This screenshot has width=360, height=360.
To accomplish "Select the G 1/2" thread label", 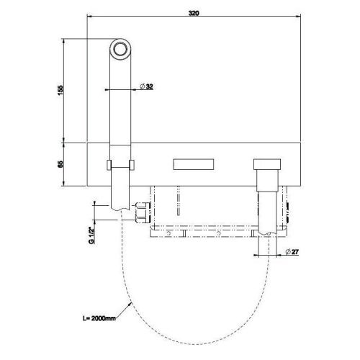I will pyautogui.click(x=92, y=234).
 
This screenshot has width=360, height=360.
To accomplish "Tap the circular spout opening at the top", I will pyautogui.click(x=121, y=50).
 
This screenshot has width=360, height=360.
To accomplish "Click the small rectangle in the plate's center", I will pyautogui.click(x=193, y=165).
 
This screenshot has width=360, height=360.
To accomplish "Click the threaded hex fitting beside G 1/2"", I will pyautogui.click(x=141, y=213).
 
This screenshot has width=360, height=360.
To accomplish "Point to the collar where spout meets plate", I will pyautogui.click(x=120, y=165).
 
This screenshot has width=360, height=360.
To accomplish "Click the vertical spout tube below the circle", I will pyautogui.click(x=120, y=101).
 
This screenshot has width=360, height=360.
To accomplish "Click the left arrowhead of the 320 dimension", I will pyautogui.click(x=88, y=19).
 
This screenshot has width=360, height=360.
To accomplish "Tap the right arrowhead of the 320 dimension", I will pyautogui.click(x=300, y=19).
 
